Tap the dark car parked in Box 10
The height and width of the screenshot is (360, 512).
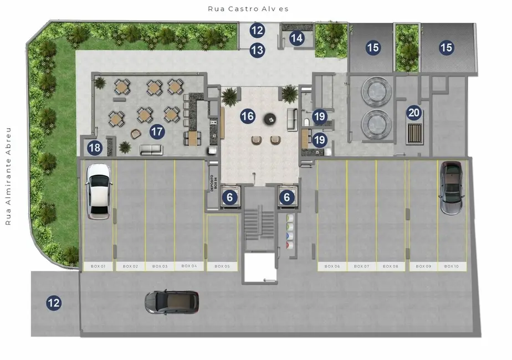(x=451, y=188)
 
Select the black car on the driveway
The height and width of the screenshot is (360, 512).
(x=172, y=302)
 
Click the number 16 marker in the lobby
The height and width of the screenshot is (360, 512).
(x=248, y=116)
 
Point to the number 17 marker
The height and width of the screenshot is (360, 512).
(x=157, y=132)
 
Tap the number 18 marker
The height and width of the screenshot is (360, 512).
(x=95, y=148)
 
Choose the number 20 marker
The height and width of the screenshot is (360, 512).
(x=414, y=113)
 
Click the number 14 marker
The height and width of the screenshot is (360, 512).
(x=297, y=38)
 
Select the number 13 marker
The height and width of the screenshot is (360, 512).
(x=257, y=50)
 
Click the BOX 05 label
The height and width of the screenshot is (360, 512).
(x=222, y=266)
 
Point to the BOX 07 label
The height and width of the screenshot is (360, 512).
(x=361, y=266)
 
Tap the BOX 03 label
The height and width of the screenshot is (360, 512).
(x=160, y=266)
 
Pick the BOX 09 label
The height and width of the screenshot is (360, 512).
(x=423, y=266)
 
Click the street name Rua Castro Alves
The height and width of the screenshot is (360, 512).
(x=248, y=9)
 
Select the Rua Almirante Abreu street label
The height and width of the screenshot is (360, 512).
(x=8, y=177)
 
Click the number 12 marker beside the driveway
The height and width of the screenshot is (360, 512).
(x=53, y=303)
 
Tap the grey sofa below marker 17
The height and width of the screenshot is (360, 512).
(x=151, y=150)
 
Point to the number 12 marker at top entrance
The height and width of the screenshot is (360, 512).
(x=257, y=30)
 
